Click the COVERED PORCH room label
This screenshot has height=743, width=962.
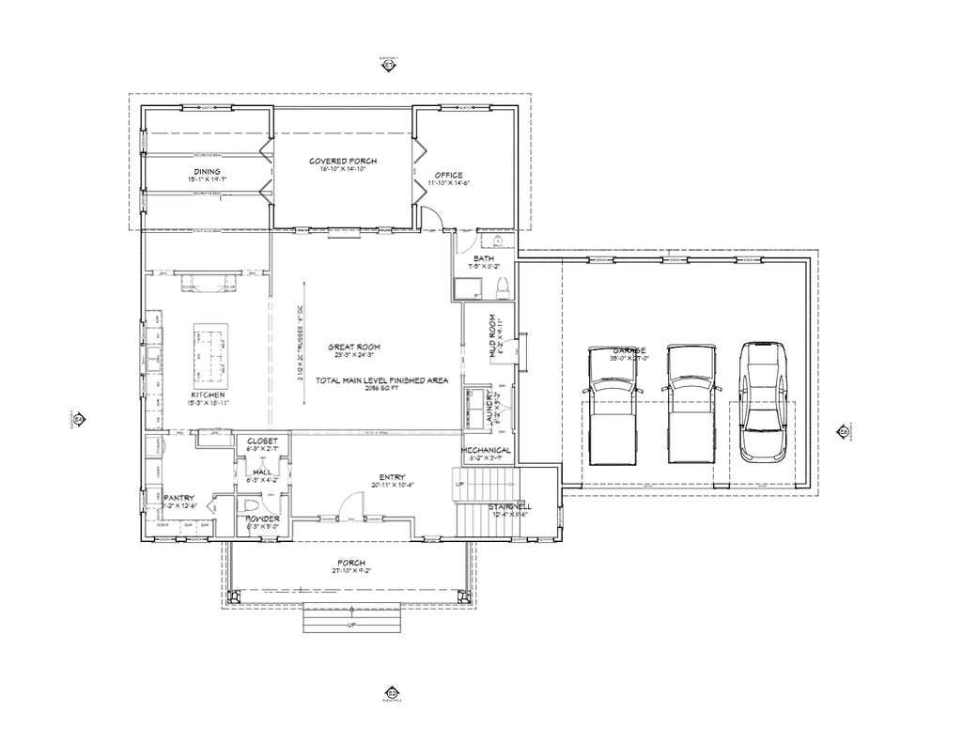pos(343,162)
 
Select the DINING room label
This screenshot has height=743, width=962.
pos(207,171)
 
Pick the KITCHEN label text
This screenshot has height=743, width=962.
pos(209,395)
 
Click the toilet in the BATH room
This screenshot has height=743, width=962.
pos(502,286)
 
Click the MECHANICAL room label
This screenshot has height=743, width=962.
pos(486,451)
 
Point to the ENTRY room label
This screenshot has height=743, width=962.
pos(392,476)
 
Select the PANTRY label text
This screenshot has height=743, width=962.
pos(178,498)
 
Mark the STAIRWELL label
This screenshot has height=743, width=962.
pos(509,506)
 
